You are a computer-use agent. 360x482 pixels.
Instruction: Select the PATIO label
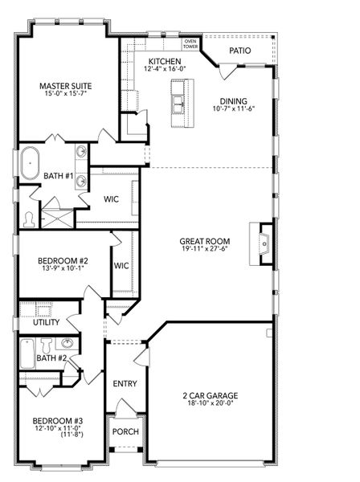click(x=239, y=51)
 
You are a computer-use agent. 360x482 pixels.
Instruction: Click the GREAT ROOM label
click(x=206, y=241)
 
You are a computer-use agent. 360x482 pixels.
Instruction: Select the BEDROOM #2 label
click(x=62, y=261)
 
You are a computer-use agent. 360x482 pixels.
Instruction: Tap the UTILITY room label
click(x=47, y=321)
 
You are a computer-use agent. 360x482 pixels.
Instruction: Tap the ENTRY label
click(x=125, y=383)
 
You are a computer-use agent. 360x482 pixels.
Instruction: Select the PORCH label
click(x=125, y=431)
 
